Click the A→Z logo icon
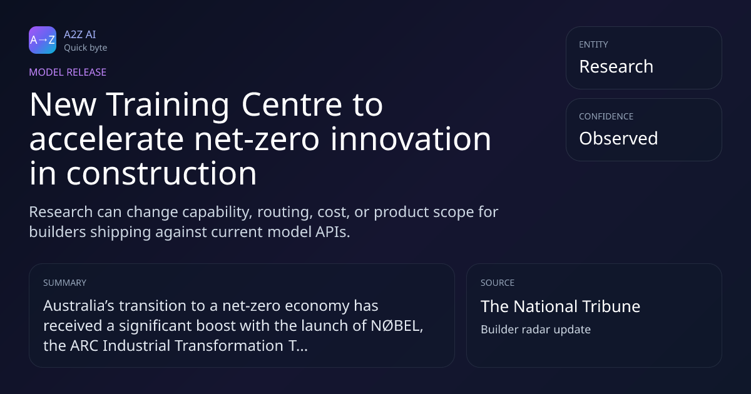click(x=43, y=40)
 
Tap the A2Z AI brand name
click(x=80, y=34)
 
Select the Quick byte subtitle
click(x=86, y=48)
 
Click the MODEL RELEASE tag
click(x=68, y=72)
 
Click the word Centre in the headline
click(x=292, y=105)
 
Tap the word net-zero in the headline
click(x=257, y=139)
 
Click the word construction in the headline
click(x=161, y=174)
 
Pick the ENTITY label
click(x=593, y=44)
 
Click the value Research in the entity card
click(x=616, y=66)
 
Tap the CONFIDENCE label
click(x=606, y=116)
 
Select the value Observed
click(x=618, y=138)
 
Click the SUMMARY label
click(x=64, y=283)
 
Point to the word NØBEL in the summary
click(x=397, y=326)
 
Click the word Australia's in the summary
click(x=79, y=306)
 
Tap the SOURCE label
click(x=498, y=283)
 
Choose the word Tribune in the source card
click(x=611, y=306)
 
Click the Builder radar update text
click(x=536, y=330)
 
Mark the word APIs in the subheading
click(x=332, y=232)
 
